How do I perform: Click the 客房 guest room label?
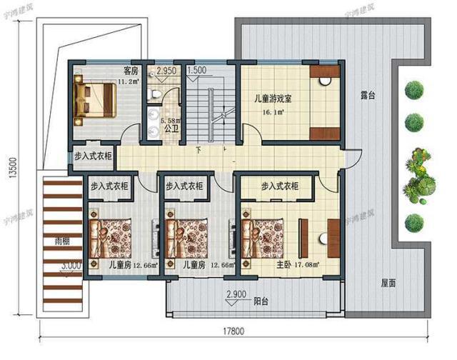coord(131,71)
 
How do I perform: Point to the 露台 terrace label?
coord(368,96)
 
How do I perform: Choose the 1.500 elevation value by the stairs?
coord(196,71)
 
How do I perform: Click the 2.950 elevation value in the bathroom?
coord(166,71)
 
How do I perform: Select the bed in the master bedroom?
coord(261,236)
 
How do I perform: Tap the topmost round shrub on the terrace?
coord(413,90)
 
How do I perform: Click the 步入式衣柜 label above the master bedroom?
coord(280,186)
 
